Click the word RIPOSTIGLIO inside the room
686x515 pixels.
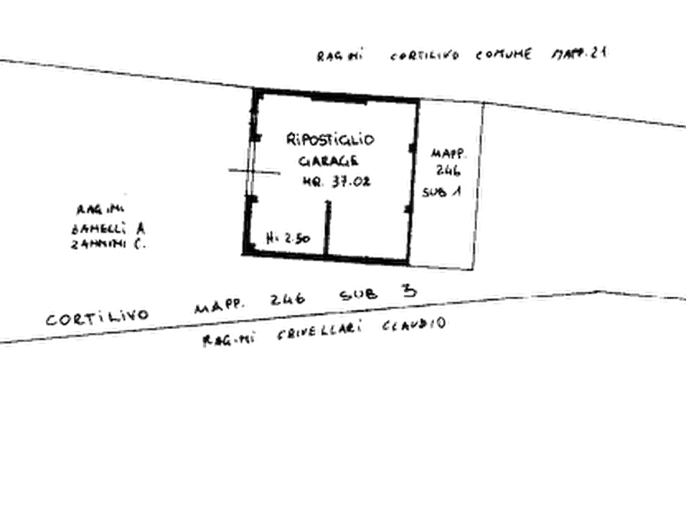pyautogui.click(x=331, y=140)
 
